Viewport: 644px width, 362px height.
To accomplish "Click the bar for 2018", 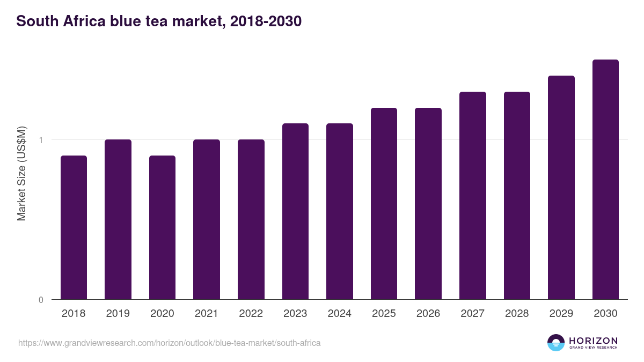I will click(x=74, y=227).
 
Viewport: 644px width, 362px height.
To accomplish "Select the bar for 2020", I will click(x=162, y=227).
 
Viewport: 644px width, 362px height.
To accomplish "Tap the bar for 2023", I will click(x=295, y=211).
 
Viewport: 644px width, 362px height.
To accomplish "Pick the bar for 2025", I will click(x=384, y=204).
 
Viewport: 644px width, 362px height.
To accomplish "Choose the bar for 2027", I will click(x=472, y=196).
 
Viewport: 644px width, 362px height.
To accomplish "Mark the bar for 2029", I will click(x=561, y=188).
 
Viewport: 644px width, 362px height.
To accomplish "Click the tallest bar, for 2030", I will click(x=605, y=180).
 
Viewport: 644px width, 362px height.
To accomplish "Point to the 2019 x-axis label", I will click(x=118, y=314).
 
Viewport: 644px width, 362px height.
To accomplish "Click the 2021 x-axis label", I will click(x=206, y=314).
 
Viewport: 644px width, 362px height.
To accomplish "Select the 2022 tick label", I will click(x=251, y=314).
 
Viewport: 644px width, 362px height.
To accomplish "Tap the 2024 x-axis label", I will click(x=339, y=314).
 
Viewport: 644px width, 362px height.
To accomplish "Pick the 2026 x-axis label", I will click(x=428, y=314).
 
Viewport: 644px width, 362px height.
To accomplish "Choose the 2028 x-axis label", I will click(x=517, y=314).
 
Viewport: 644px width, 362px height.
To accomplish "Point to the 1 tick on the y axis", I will click(x=41, y=140).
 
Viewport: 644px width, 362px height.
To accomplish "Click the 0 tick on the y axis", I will click(x=41, y=300).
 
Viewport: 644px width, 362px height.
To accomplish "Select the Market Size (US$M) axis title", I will click(x=21, y=173).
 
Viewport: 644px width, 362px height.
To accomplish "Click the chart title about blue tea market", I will click(x=159, y=21).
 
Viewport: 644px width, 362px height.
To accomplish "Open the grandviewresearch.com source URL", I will click(x=170, y=343).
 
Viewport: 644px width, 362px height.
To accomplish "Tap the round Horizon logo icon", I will click(x=555, y=343).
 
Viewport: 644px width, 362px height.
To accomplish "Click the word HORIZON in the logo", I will click(x=593, y=341).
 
